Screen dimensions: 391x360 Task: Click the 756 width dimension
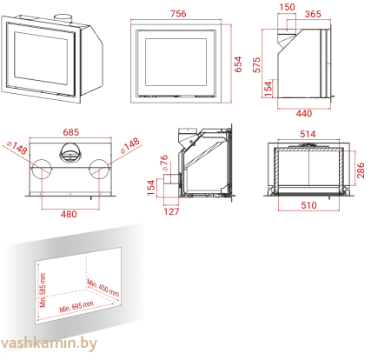coord(178,14)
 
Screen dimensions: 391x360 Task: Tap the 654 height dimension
coord(238,64)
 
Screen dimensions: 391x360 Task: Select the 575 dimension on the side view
coord(256,65)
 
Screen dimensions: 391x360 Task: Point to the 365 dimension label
coord(313,14)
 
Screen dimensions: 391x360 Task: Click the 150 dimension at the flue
coord(287,7)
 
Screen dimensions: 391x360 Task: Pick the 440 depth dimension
coord(304,113)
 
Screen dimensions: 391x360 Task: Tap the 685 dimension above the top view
coord(71,132)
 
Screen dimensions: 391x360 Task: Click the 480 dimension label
coord(69,214)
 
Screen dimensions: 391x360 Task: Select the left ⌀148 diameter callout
coord(17,148)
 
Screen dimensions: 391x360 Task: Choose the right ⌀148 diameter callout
coord(130,146)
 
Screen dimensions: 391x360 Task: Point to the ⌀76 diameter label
coord(164,163)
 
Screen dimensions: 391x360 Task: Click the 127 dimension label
coord(171,211)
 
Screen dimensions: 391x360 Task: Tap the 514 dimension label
coord(308,134)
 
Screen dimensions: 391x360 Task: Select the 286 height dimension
coord(361,170)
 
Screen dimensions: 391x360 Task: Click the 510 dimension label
coord(308,205)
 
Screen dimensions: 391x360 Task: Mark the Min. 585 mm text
coord(43,290)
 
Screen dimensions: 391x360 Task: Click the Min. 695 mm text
coord(76,307)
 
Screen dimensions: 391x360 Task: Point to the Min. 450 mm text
coord(103,288)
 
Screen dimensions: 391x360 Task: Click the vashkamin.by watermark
coord(49,343)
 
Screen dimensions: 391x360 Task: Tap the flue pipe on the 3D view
coord(63,17)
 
